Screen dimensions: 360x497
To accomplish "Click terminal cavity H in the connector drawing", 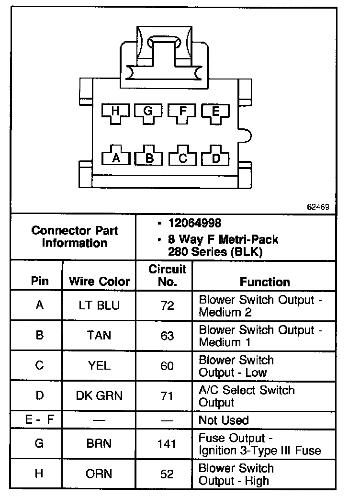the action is click(x=115, y=112).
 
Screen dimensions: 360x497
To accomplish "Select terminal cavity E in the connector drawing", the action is click(x=215, y=112).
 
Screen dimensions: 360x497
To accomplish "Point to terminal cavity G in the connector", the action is click(x=148, y=112).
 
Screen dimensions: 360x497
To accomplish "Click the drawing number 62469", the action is click(x=318, y=207).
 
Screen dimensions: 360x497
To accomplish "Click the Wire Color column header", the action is click(x=100, y=281).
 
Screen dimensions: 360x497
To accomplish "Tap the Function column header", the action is click(x=265, y=282).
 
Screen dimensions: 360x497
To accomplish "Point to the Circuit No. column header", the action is click(x=167, y=275).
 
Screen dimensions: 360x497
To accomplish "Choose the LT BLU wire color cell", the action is click(x=99, y=305).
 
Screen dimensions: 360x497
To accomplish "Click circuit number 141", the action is click(x=167, y=444).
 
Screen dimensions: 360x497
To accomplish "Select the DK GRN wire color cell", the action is click(x=99, y=395).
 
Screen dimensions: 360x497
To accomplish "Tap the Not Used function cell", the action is click(x=224, y=420).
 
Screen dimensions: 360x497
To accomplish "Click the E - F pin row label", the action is click(x=40, y=420).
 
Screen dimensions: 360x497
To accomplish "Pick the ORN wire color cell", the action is click(x=99, y=474).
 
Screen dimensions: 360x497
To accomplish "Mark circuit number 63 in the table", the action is click(x=167, y=336).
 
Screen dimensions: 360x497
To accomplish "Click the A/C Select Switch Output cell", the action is click(x=247, y=396).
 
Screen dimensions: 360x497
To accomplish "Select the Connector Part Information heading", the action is click(x=75, y=237).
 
